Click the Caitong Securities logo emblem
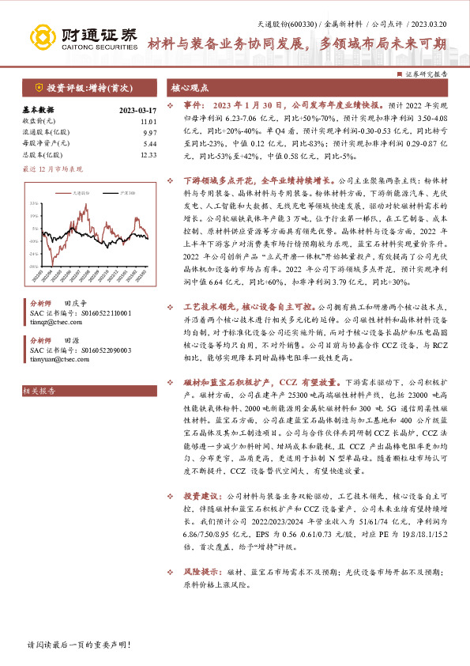(43, 36)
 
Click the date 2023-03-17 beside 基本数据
(138, 111)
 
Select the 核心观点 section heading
(190, 89)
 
